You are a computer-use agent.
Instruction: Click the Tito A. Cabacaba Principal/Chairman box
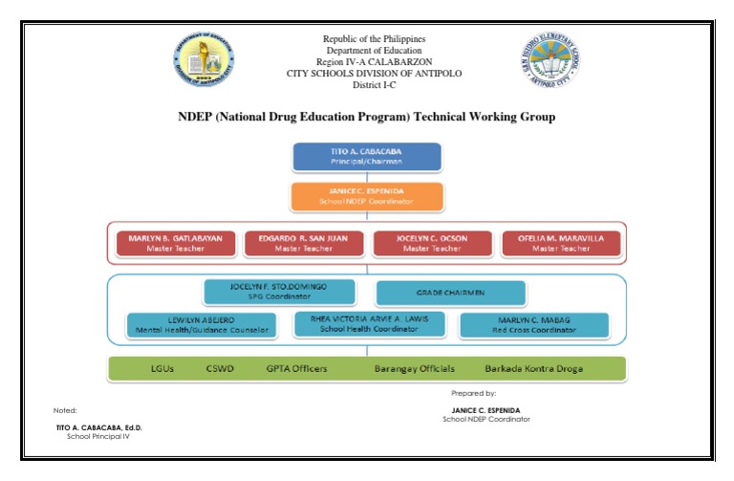(x=367, y=157)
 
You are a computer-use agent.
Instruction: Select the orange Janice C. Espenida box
(x=367, y=196)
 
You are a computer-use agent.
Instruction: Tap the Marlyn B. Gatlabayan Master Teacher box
(x=176, y=243)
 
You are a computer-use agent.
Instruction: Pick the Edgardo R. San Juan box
(x=304, y=243)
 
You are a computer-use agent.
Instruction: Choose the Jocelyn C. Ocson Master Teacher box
(x=432, y=243)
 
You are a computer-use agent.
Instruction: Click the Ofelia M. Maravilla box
(x=561, y=243)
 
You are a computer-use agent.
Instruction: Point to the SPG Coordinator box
(x=279, y=292)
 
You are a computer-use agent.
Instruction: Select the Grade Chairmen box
(x=450, y=292)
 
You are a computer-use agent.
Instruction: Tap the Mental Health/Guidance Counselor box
(x=202, y=325)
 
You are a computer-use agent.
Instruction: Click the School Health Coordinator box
(x=370, y=323)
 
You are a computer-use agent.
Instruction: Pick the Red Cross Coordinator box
(x=534, y=325)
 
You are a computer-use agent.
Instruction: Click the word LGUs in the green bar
(x=162, y=369)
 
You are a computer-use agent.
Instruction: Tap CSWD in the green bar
(x=219, y=369)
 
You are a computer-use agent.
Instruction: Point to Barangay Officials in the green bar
(x=414, y=369)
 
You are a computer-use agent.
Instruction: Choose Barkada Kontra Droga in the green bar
(x=533, y=369)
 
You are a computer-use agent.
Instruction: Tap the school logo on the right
(x=550, y=61)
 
